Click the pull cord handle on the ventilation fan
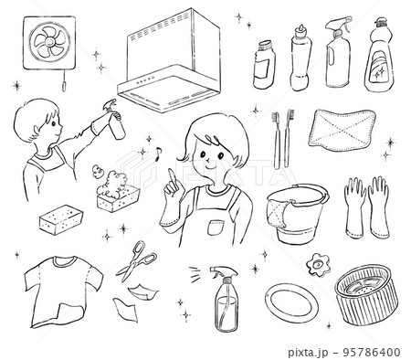[x=64, y=87]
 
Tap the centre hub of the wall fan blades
[x=49, y=42]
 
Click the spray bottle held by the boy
[x=115, y=120]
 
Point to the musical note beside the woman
[x=158, y=154]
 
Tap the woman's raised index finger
[x=172, y=176]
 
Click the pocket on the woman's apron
[x=216, y=228]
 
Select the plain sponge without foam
[x=61, y=219]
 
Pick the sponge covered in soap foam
[x=117, y=192]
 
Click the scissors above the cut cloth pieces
[x=136, y=260]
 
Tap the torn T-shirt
[x=63, y=291]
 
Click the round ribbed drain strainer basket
[x=366, y=293]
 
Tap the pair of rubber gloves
[x=366, y=207]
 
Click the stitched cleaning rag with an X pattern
[x=342, y=130]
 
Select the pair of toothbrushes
[x=282, y=140]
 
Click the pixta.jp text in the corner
[x=308, y=353]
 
